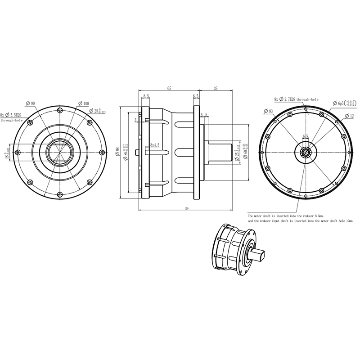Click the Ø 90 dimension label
(x=31, y=103)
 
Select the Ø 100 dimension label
(x=83, y=103)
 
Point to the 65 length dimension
(x=169, y=89)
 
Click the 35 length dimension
(x=216, y=89)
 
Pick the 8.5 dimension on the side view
(x=146, y=96)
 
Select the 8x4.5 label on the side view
(x=155, y=145)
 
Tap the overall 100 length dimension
(x=186, y=208)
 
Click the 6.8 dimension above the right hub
(x=306, y=136)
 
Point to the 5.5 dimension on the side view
(x=204, y=115)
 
